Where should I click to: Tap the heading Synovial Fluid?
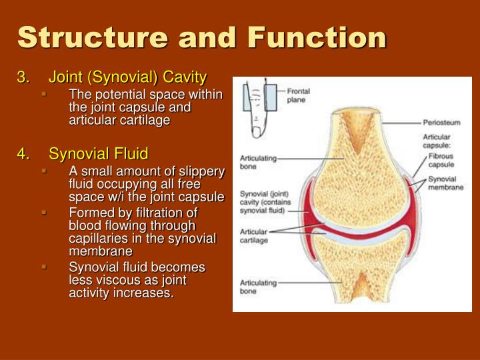tap(98, 154)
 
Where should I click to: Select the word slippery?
tap(200, 173)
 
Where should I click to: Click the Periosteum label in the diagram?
tap(441, 123)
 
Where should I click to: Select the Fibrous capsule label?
tap(441, 160)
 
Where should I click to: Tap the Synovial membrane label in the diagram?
tap(445, 183)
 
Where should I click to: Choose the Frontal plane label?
tap(298, 95)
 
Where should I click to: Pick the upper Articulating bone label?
tap(257, 162)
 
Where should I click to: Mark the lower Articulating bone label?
tap(257, 287)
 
